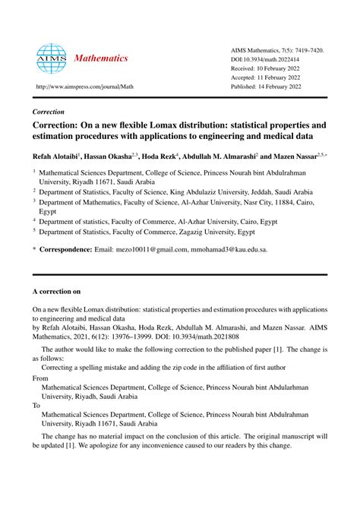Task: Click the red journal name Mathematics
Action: click(x=101, y=58)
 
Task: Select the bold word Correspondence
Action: click(x=71, y=248)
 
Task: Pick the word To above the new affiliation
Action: click(x=36, y=406)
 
